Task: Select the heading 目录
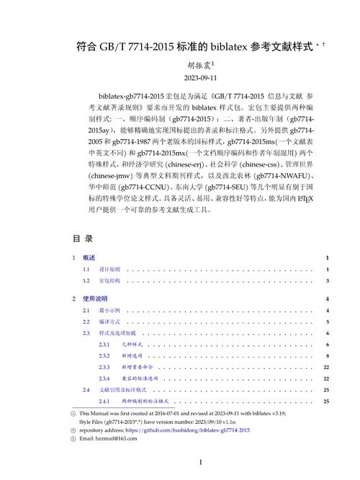pyautogui.click(x=83, y=238)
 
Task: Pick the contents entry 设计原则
pyautogui.click(x=109, y=269)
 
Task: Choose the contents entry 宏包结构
pyautogui.click(x=109, y=280)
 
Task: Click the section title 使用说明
pyautogui.click(x=95, y=298)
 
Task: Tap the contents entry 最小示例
pyautogui.click(x=109, y=310)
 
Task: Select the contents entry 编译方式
pyautogui.click(x=109, y=321)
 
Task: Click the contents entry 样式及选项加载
pyautogui.click(x=118, y=333)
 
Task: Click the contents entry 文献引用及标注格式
pyautogui.click(x=124, y=389)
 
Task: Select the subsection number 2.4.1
pyautogui.click(x=105, y=401)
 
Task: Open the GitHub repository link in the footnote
pyautogui.click(x=190, y=430)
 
